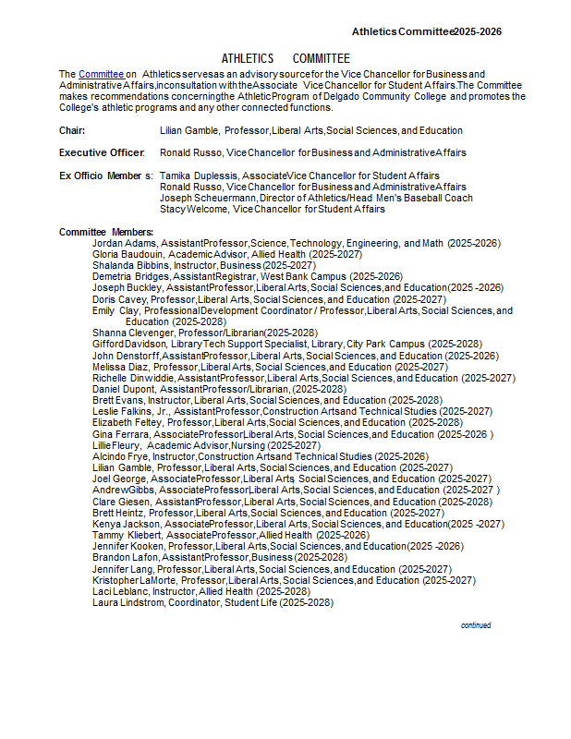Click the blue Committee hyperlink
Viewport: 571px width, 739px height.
(x=101, y=74)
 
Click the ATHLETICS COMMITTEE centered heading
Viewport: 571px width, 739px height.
(x=285, y=58)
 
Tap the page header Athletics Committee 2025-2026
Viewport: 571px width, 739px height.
(x=426, y=31)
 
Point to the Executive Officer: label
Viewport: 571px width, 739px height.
(x=102, y=152)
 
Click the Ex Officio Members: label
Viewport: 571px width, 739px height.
(x=105, y=176)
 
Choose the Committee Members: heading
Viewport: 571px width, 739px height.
(x=106, y=232)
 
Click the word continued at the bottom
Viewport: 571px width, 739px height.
(x=476, y=625)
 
